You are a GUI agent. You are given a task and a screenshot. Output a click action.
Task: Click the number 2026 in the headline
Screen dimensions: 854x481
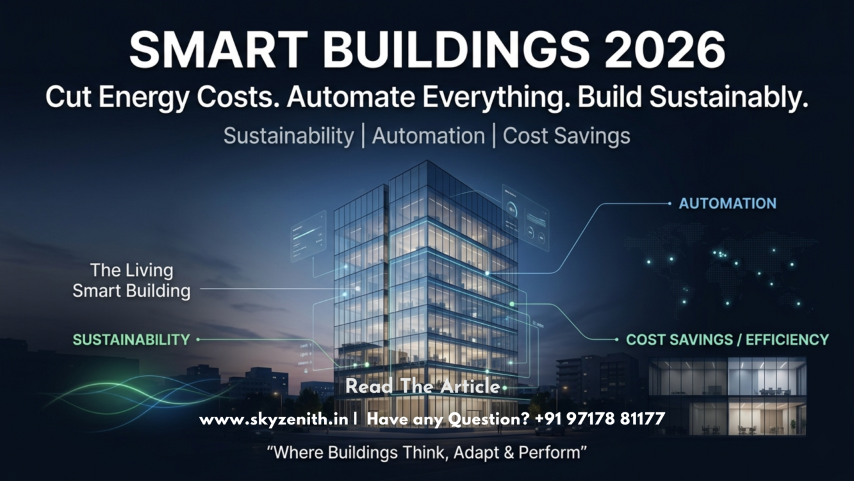tap(664, 50)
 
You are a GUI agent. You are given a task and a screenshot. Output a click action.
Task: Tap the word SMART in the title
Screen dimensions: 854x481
tap(218, 50)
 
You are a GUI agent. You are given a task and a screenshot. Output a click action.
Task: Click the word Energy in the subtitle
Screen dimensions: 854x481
tap(144, 98)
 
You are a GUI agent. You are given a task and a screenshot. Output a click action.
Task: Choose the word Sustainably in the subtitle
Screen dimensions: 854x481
tap(728, 97)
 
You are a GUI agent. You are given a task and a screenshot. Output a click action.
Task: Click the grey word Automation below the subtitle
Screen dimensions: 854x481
tap(429, 136)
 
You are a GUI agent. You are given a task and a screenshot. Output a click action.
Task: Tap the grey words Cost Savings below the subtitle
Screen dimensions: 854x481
tap(566, 136)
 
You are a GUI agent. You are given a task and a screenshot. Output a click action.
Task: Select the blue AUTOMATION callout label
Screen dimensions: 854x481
tap(727, 203)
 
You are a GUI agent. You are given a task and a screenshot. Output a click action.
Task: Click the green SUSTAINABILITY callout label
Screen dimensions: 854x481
tap(131, 340)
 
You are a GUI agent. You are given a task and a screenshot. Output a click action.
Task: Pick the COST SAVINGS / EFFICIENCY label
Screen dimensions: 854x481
tap(727, 340)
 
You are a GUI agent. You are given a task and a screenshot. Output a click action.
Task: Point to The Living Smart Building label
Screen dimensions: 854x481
tap(131, 281)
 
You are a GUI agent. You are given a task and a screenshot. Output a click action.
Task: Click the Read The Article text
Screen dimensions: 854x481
tap(422, 386)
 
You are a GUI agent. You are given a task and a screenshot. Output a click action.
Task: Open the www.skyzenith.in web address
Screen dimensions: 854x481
tap(274, 419)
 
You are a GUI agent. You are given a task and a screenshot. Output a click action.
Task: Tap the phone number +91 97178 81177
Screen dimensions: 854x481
tap(600, 419)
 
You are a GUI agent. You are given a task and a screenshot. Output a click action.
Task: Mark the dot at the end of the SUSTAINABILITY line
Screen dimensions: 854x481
tap(198, 339)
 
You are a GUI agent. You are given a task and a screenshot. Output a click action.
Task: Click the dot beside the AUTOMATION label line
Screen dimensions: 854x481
tap(669, 203)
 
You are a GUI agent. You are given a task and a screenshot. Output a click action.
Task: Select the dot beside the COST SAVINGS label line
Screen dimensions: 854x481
tap(617, 339)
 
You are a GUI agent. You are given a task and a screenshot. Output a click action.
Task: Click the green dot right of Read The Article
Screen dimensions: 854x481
tap(504, 388)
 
